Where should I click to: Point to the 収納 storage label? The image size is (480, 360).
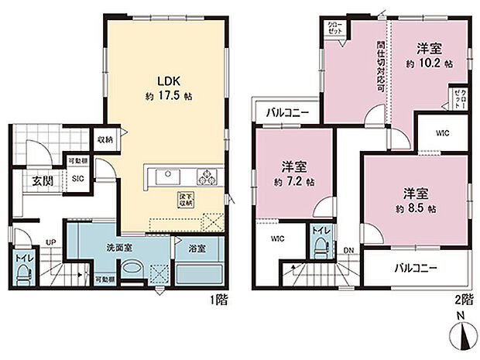(105, 140)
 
